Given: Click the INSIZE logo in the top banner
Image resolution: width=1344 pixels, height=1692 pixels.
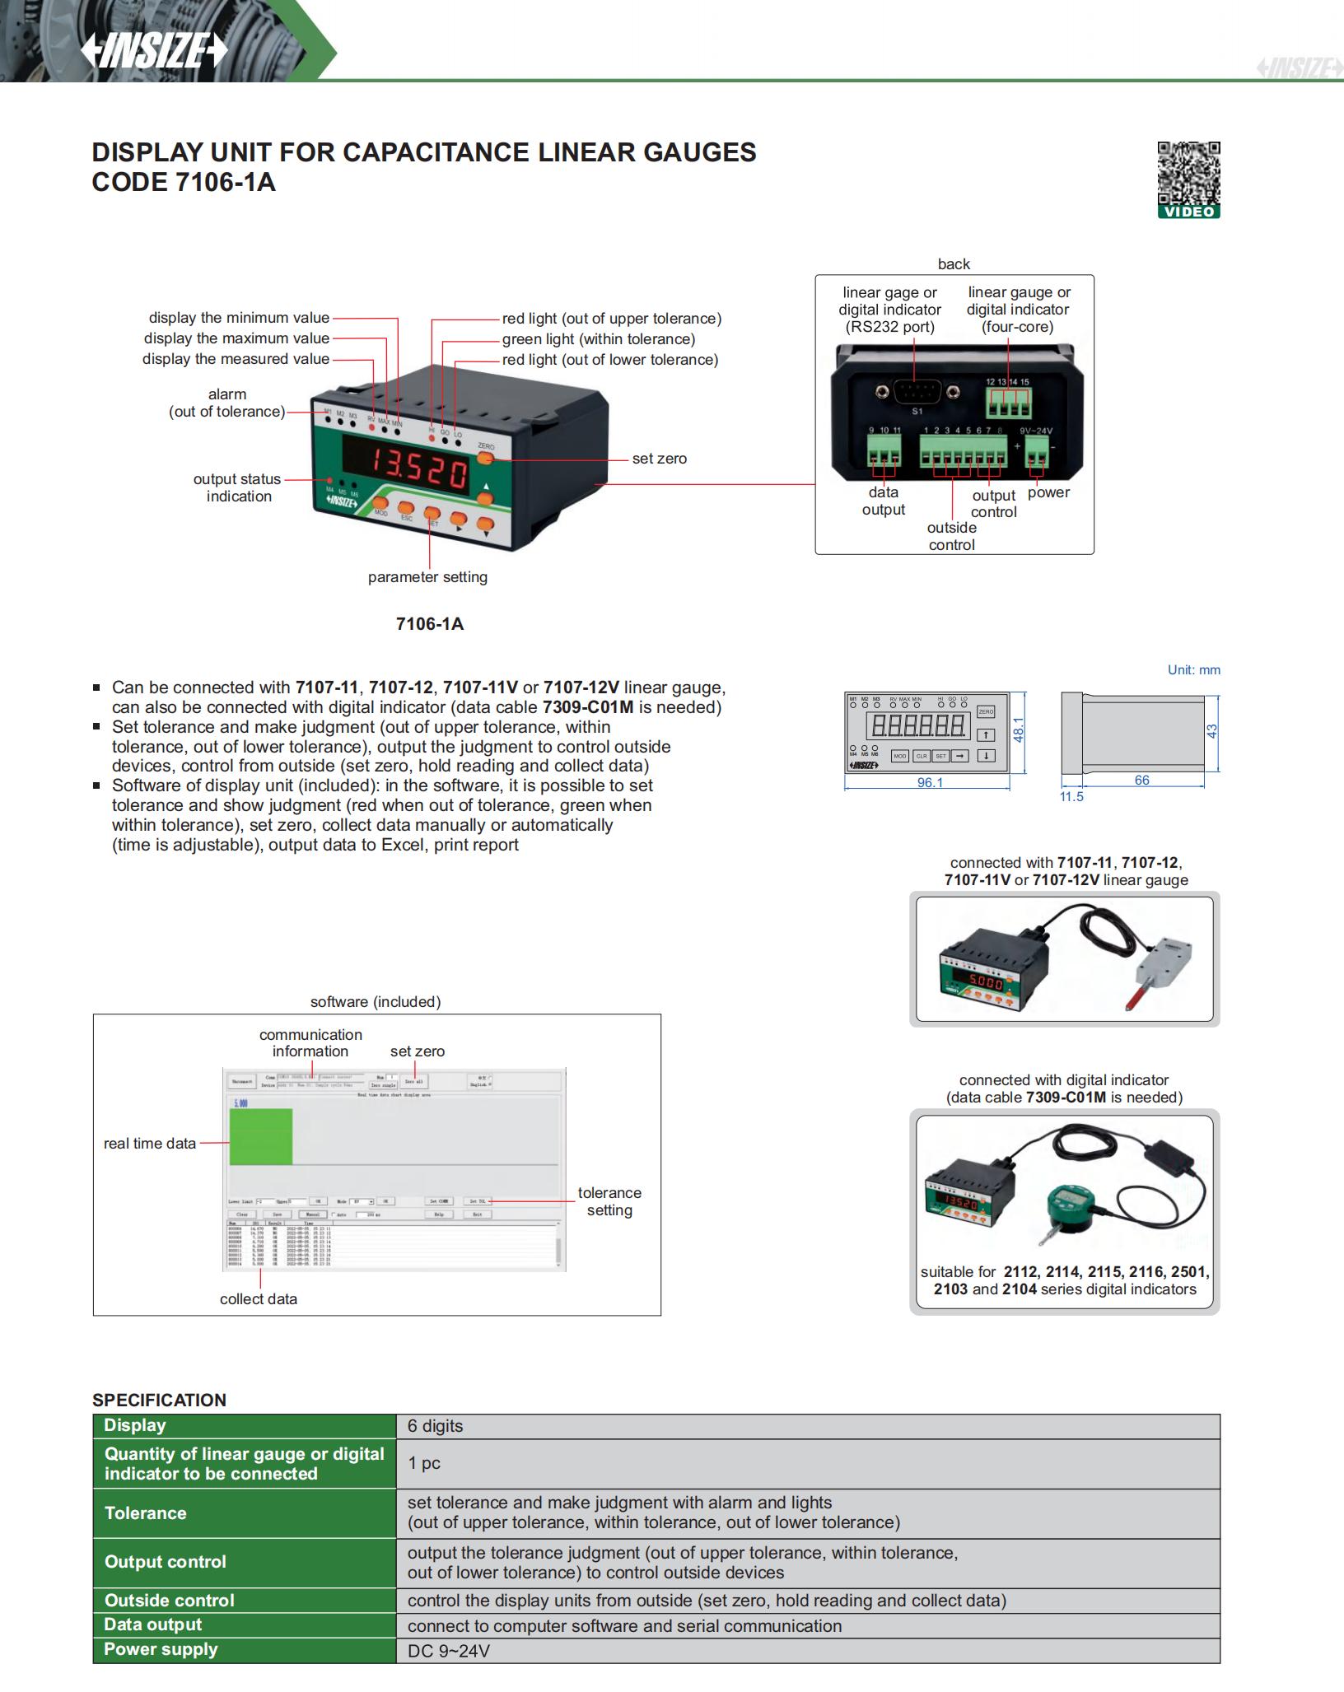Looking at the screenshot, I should (153, 52).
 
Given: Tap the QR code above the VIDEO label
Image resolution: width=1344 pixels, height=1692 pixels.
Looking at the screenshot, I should (1188, 172).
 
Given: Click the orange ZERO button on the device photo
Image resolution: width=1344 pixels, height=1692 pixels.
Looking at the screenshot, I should (485, 458).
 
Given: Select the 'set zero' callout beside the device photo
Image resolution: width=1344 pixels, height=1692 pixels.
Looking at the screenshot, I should (659, 459).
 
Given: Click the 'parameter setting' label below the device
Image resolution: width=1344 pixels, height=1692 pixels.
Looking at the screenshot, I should (427, 577).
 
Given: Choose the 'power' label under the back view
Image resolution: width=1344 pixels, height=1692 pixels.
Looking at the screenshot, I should (1048, 492).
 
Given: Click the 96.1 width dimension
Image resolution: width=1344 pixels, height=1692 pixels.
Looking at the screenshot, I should (930, 782).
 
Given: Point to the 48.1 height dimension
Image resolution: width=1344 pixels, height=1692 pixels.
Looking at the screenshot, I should (1019, 729).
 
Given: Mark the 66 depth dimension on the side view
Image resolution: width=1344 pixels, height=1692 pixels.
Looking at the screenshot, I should (1141, 780).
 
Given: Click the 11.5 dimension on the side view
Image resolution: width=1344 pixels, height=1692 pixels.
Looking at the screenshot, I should (1071, 797).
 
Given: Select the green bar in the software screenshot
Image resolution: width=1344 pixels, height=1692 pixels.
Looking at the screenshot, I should (260, 1136).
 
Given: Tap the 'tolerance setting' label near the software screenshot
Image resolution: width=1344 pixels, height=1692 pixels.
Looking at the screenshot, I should (609, 1201).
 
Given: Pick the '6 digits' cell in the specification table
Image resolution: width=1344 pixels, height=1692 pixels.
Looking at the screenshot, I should (435, 1426).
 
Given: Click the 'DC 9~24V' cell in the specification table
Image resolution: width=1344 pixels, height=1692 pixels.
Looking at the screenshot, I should (449, 1651).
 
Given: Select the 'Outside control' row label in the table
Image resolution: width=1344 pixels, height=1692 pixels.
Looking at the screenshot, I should (170, 1600).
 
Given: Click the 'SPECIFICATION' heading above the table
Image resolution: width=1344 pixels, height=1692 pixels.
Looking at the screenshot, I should (159, 1400).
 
